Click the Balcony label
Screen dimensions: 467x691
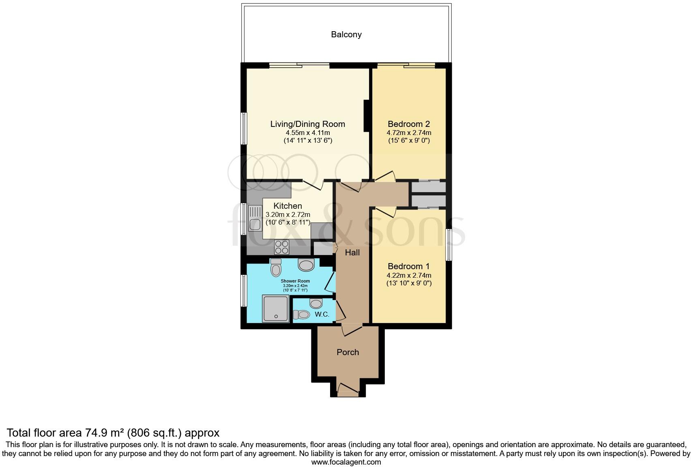coord(346,34)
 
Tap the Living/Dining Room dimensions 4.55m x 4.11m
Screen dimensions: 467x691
coord(307,133)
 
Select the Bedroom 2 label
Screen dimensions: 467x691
coord(408,124)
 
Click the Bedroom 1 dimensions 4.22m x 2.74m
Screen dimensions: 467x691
coord(408,275)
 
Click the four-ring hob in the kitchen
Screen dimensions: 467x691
coord(282,246)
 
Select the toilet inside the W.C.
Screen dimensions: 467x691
coord(301,314)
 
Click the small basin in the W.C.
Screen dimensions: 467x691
coord(315,303)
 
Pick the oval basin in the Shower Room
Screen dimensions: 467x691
coord(306,265)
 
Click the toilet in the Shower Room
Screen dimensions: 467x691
coord(276,267)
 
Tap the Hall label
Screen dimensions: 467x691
coord(352,253)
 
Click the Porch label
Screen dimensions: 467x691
coord(348,352)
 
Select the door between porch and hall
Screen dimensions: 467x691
coord(351,329)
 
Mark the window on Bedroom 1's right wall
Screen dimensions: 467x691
coord(449,245)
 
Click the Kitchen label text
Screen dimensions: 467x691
coord(288,206)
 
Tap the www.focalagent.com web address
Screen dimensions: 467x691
coord(346,462)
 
